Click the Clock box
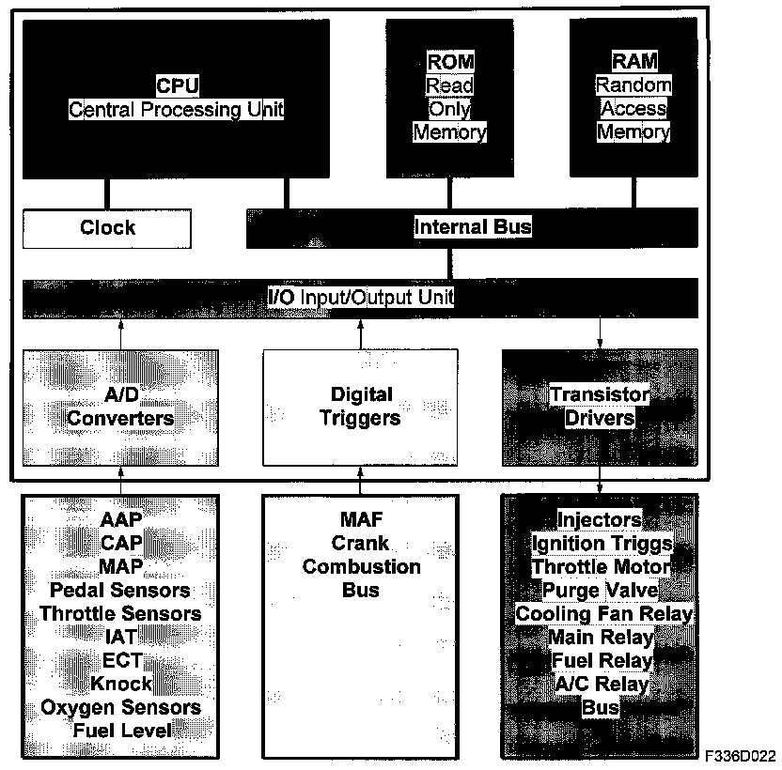click(107, 228)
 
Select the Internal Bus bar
click(472, 227)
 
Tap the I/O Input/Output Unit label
click(361, 298)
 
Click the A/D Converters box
click(119, 406)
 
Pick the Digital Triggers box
click(361, 406)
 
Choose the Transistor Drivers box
click(600, 406)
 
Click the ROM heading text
click(450, 62)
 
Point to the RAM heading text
click(633, 62)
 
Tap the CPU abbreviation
click(177, 86)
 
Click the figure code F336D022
click(744, 755)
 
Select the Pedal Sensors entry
click(119, 591)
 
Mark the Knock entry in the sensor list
click(121, 683)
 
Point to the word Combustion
click(361, 567)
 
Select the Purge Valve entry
click(601, 591)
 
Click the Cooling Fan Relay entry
click(604, 614)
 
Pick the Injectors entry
click(600, 520)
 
